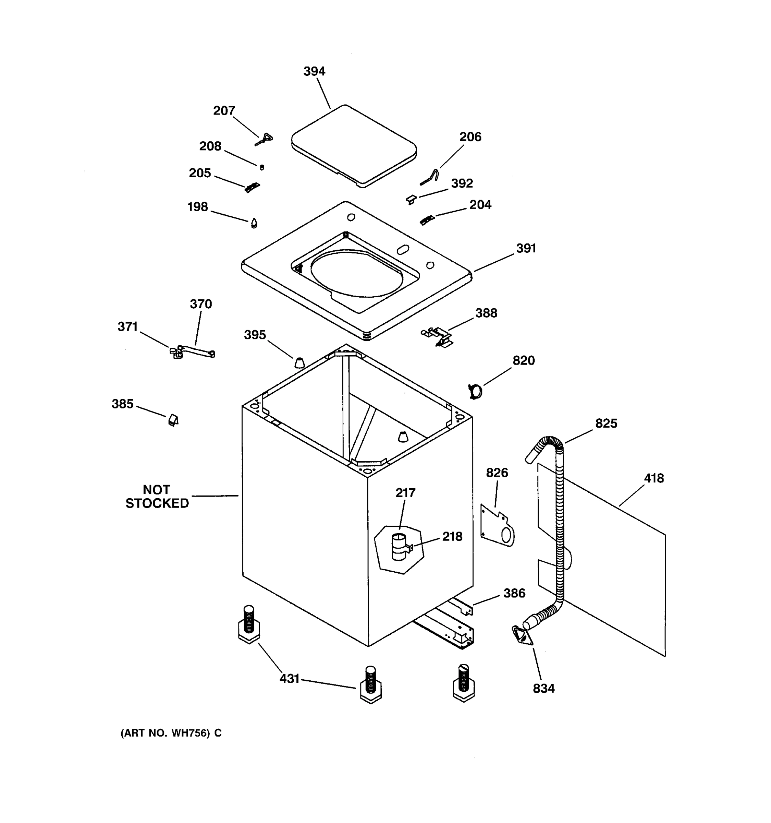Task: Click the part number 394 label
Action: pos(314,71)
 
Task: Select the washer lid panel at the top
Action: pos(354,145)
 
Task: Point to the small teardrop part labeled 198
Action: pos(254,223)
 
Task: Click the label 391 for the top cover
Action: pos(526,248)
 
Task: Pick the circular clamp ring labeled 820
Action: pos(475,391)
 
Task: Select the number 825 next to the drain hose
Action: pos(606,423)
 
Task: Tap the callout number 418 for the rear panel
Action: pos(653,478)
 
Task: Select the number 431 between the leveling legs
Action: pos(289,679)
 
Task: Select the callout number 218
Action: pos(452,537)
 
